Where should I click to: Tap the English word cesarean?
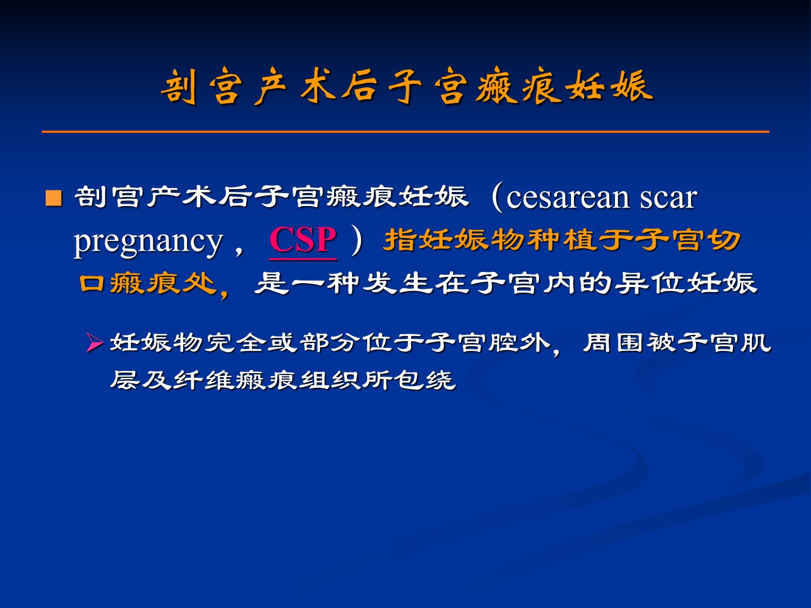click(568, 198)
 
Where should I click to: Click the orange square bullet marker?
click(54, 198)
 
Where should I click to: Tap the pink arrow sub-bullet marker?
click(94, 343)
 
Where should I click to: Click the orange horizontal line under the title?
click(405, 131)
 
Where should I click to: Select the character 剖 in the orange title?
click(179, 86)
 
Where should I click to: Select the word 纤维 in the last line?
click(204, 380)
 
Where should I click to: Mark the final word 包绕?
click(425, 380)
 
